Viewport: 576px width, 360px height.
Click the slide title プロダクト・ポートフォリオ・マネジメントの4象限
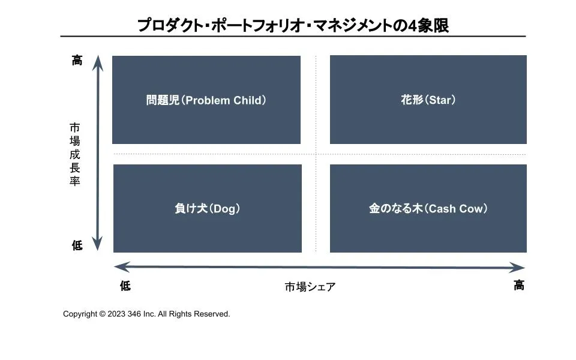pyautogui.click(x=293, y=25)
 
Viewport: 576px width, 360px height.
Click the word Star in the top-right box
pyautogui.click(x=440, y=100)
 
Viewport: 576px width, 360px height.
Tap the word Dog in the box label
pyautogui.click(x=226, y=209)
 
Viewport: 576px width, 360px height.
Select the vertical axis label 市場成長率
pyautogui.click(x=74, y=154)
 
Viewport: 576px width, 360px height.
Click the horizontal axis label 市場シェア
pyautogui.click(x=310, y=287)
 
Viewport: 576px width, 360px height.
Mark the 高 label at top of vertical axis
pyautogui.click(x=77, y=61)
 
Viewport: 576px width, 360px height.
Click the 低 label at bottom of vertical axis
pyautogui.click(x=77, y=245)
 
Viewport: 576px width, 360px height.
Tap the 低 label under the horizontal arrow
pyautogui.click(x=125, y=286)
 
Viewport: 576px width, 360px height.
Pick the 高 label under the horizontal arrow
pyautogui.click(x=519, y=286)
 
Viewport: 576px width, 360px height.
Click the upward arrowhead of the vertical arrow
pyautogui.click(x=97, y=63)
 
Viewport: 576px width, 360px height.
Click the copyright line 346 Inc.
pyautogui.click(x=146, y=314)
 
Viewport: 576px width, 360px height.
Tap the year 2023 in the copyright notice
pyautogui.click(x=117, y=314)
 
